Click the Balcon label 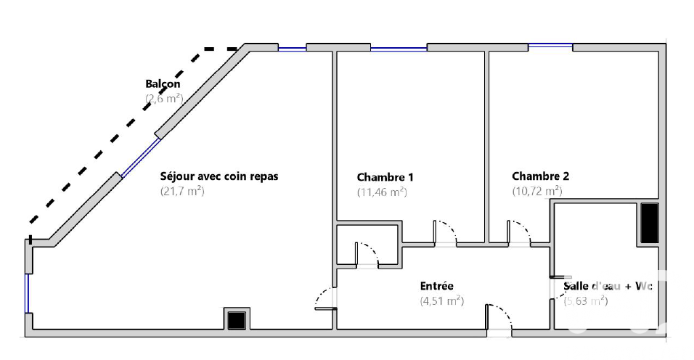[x=163, y=83]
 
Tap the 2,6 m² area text [x=164, y=98]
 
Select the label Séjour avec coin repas [x=219, y=176]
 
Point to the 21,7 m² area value [x=182, y=191]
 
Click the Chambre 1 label [x=385, y=177]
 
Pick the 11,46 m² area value [x=382, y=192]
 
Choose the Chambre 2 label [x=540, y=176]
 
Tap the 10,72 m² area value [x=537, y=191]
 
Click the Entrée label [x=437, y=286]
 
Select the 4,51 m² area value [x=441, y=301]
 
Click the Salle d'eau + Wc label [x=608, y=286]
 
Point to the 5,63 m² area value [x=586, y=301]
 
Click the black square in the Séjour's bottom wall [x=237, y=320]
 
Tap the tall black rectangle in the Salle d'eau [x=649, y=223]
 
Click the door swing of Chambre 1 [x=445, y=233]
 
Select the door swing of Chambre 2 [x=519, y=233]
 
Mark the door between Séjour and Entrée [x=326, y=298]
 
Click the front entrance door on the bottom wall [x=499, y=317]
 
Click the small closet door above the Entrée [x=367, y=255]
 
